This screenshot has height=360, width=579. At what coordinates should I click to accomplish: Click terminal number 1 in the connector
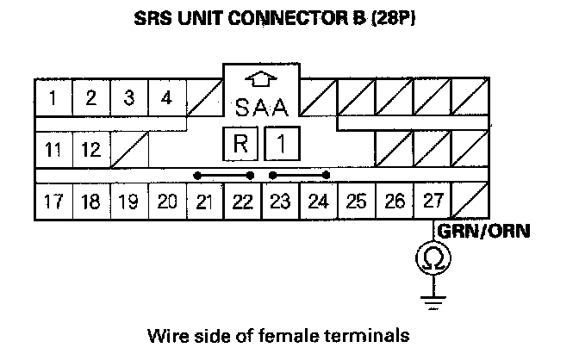coord(53,97)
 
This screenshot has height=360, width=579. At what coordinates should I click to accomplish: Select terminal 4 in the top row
coord(167,97)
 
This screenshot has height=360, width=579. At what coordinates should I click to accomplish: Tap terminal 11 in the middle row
coord(53,150)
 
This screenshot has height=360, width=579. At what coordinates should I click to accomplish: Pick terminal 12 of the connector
coord(91,150)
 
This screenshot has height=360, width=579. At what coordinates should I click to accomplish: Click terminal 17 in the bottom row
coord(53,202)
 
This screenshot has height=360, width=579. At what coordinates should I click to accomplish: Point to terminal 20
coord(167,202)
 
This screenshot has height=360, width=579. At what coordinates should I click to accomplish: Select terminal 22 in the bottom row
coord(243,202)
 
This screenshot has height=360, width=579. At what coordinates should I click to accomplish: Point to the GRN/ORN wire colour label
coord(483,231)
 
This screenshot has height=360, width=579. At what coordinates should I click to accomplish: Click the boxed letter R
coord(242,144)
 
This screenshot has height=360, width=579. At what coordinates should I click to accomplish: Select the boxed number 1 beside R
coord(280,144)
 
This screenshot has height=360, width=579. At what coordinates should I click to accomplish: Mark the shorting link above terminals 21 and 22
coord(224,175)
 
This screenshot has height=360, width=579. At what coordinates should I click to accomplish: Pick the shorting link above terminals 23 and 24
coord(299,175)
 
